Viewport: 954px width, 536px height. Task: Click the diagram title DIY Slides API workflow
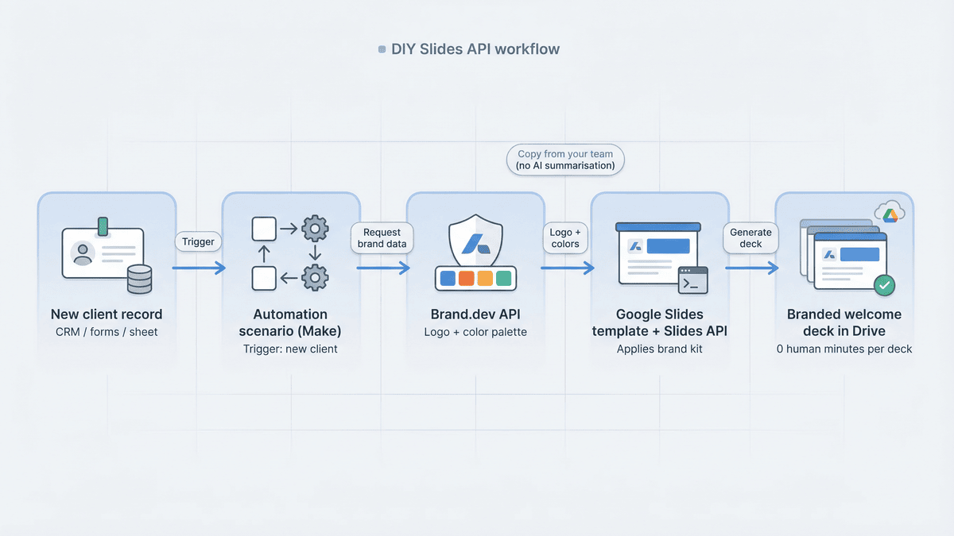[x=475, y=49]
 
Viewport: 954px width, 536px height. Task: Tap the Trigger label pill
[x=199, y=241]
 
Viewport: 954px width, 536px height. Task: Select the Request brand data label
[x=382, y=238]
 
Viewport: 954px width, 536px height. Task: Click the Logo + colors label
[x=566, y=238]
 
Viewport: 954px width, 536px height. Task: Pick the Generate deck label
[x=751, y=238]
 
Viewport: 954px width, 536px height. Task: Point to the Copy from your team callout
[x=565, y=160]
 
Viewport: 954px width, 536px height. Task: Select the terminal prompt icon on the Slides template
[x=692, y=281]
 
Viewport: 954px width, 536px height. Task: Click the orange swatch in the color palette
[x=465, y=279]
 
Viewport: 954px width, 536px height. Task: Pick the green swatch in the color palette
[x=503, y=279]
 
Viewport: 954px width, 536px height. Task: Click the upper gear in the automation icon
[x=316, y=230]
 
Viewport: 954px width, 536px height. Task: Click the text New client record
[x=107, y=314]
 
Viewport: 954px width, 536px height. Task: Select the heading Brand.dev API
[x=475, y=314]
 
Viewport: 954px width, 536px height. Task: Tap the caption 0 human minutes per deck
[x=844, y=349]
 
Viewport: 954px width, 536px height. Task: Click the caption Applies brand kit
[x=660, y=349]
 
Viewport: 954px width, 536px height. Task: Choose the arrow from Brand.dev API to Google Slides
[x=567, y=268]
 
